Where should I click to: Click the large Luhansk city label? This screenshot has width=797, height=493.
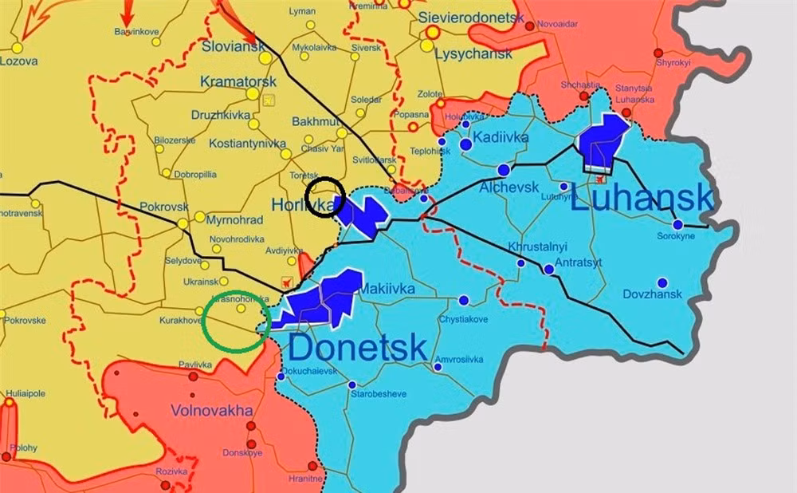tap(642, 196)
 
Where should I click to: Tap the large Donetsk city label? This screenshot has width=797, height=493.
tap(358, 348)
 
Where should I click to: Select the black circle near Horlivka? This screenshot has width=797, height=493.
tap(326, 196)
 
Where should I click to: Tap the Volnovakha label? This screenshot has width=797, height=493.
tap(211, 411)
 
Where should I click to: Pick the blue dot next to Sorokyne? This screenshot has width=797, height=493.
tap(677, 224)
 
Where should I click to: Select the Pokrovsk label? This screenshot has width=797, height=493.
tap(163, 207)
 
